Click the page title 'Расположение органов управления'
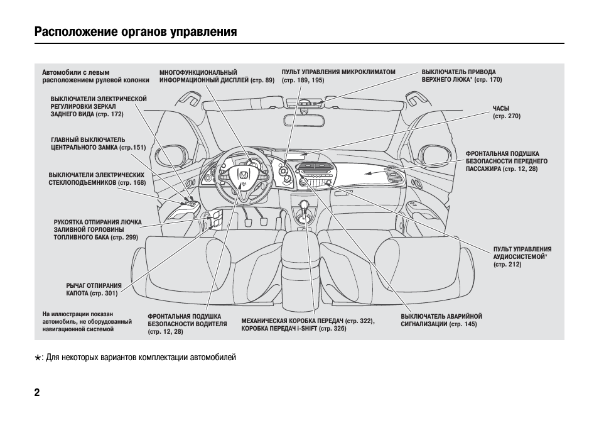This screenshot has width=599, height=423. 136,31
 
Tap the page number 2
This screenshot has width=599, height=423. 38,393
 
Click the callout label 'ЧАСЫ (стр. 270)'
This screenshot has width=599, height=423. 506,113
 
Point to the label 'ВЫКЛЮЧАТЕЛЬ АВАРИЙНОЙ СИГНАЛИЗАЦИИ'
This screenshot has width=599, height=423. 441,320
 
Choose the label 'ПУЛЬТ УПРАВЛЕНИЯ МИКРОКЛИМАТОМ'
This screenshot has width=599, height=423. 338,76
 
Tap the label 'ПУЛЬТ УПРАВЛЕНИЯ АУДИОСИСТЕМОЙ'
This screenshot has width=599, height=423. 522,257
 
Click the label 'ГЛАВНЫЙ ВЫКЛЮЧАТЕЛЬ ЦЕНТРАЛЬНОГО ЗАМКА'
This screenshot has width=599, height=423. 97,143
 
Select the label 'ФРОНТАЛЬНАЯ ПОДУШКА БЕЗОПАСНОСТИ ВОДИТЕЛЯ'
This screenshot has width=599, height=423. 187,324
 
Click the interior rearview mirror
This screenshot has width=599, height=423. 305,102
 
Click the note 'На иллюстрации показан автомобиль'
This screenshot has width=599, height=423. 87,321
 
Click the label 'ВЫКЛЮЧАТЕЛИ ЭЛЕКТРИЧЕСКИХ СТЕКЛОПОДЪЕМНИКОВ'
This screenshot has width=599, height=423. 97,179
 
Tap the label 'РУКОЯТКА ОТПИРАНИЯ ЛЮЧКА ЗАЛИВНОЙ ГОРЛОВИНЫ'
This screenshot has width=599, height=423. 97,229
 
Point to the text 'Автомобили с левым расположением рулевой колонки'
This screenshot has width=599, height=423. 95,76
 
